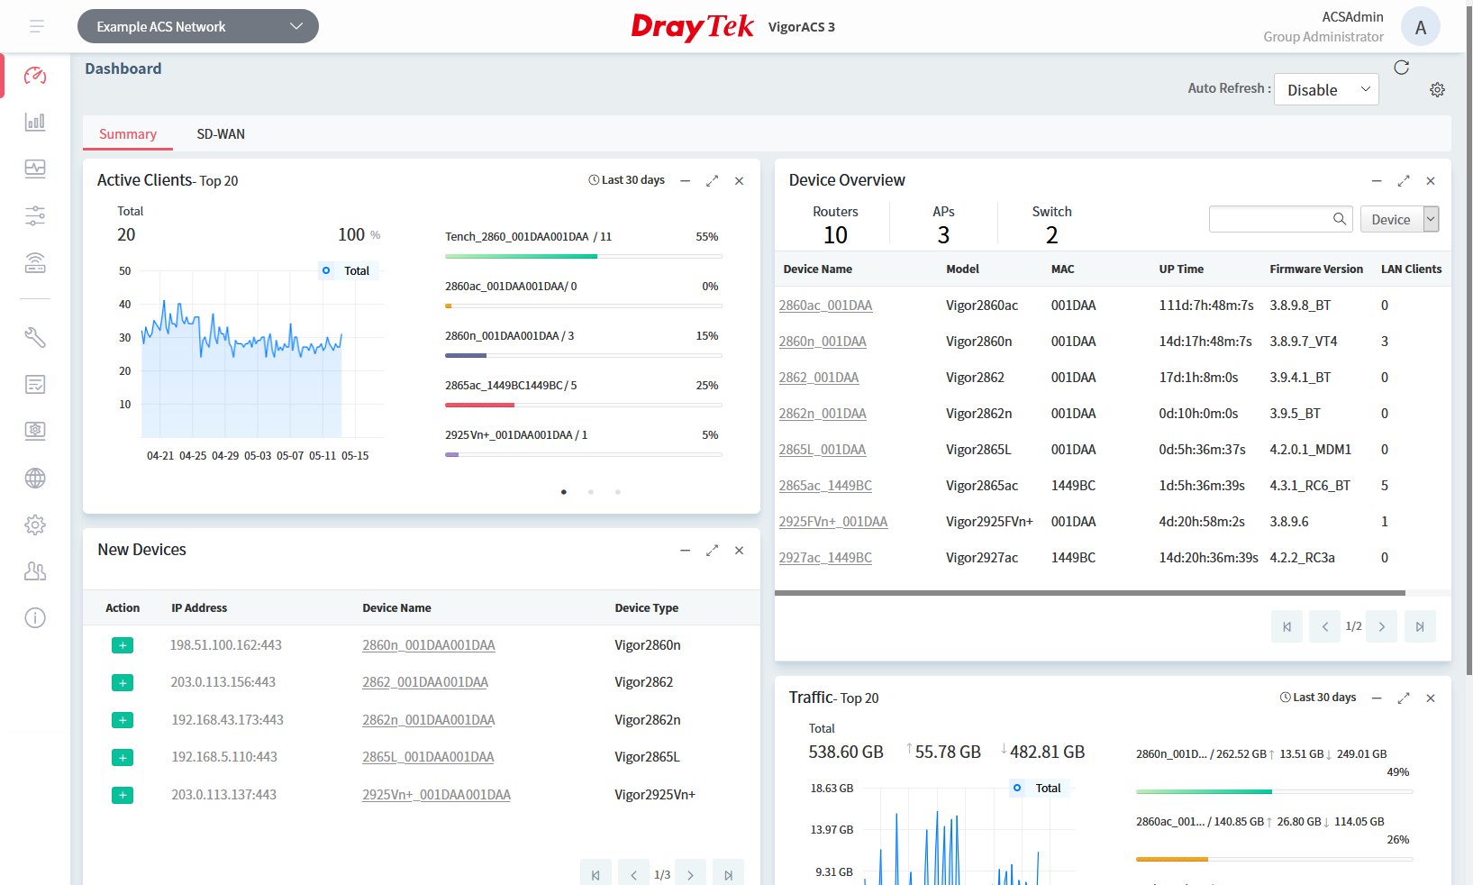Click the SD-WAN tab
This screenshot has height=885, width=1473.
point(221,134)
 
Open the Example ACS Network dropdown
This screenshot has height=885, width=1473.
point(198,27)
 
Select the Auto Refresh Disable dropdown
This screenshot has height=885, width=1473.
point(1326,89)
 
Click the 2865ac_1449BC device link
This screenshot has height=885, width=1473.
point(825,486)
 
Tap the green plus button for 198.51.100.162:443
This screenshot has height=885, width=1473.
point(123,645)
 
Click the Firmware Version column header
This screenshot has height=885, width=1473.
point(1315,269)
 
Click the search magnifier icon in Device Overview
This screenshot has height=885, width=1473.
point(1340,219)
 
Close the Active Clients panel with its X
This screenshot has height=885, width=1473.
point(739,181)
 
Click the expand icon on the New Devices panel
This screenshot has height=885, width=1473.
point(712,551)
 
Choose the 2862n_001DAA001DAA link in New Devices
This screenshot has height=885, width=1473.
point(429,720)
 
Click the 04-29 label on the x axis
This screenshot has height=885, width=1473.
point(225,456)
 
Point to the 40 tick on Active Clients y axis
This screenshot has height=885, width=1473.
point(125,305)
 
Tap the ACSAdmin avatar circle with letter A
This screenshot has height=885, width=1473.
point(1420,27)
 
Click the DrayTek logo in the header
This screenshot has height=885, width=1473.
point(692,27)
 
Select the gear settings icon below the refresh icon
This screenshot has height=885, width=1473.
point(1437,90)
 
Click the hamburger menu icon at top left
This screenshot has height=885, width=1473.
point(37,27)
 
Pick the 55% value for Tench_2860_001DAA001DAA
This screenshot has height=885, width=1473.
point(706,237)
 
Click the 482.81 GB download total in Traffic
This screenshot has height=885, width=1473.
point(1047,752)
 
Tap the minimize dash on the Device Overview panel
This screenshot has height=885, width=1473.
point(1377,181)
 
